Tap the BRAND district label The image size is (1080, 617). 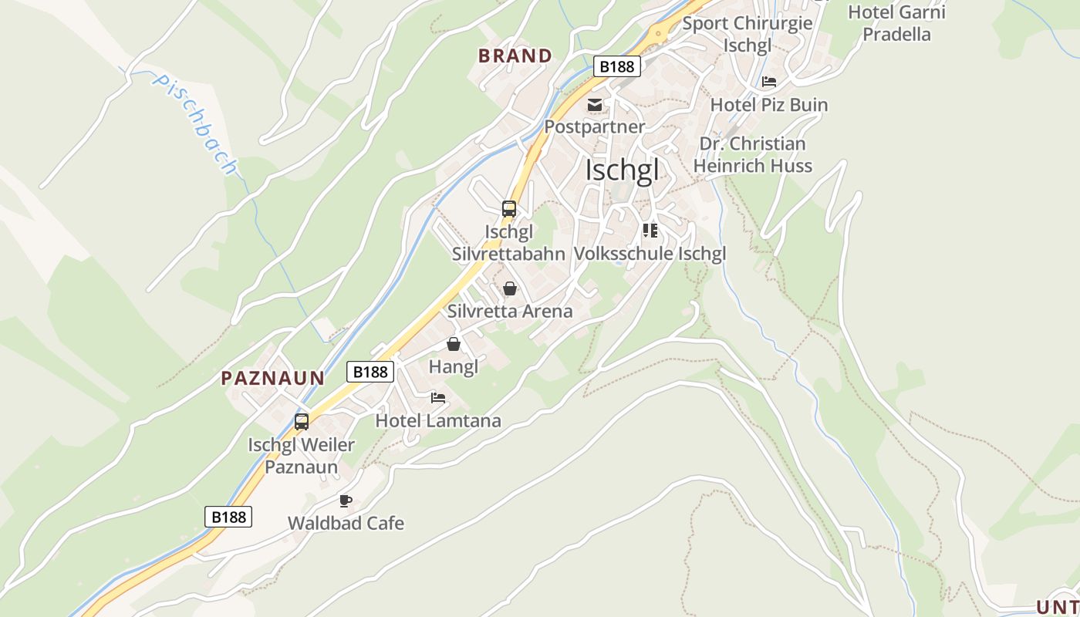click(515, 56)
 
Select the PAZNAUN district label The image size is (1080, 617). click(273, 378)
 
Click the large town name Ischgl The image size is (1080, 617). click(623, 170)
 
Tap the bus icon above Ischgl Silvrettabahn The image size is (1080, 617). click(509, 208)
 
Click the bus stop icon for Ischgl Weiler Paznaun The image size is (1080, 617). click(302, 422)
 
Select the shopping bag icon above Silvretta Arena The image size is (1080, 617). click(510, 289)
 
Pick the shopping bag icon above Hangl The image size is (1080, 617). click(454, 344)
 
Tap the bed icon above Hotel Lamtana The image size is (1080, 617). click(438, 398)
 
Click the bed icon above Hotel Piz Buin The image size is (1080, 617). click(769, 82)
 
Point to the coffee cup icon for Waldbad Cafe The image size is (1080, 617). click(346, 501)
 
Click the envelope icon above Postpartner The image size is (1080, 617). click(595, 104)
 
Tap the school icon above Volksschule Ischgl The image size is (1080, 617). click(650, 230)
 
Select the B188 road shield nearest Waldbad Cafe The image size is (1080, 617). click(228, 517)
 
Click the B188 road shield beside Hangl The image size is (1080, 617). click(370, 372)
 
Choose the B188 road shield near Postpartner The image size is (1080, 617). click(617, 66)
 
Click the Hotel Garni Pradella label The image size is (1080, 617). click(896, 23)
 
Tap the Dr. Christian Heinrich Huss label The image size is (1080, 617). click(752, 154)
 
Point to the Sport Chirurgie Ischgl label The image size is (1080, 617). click(748, 34)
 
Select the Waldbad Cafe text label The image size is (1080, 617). click(346, 523)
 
